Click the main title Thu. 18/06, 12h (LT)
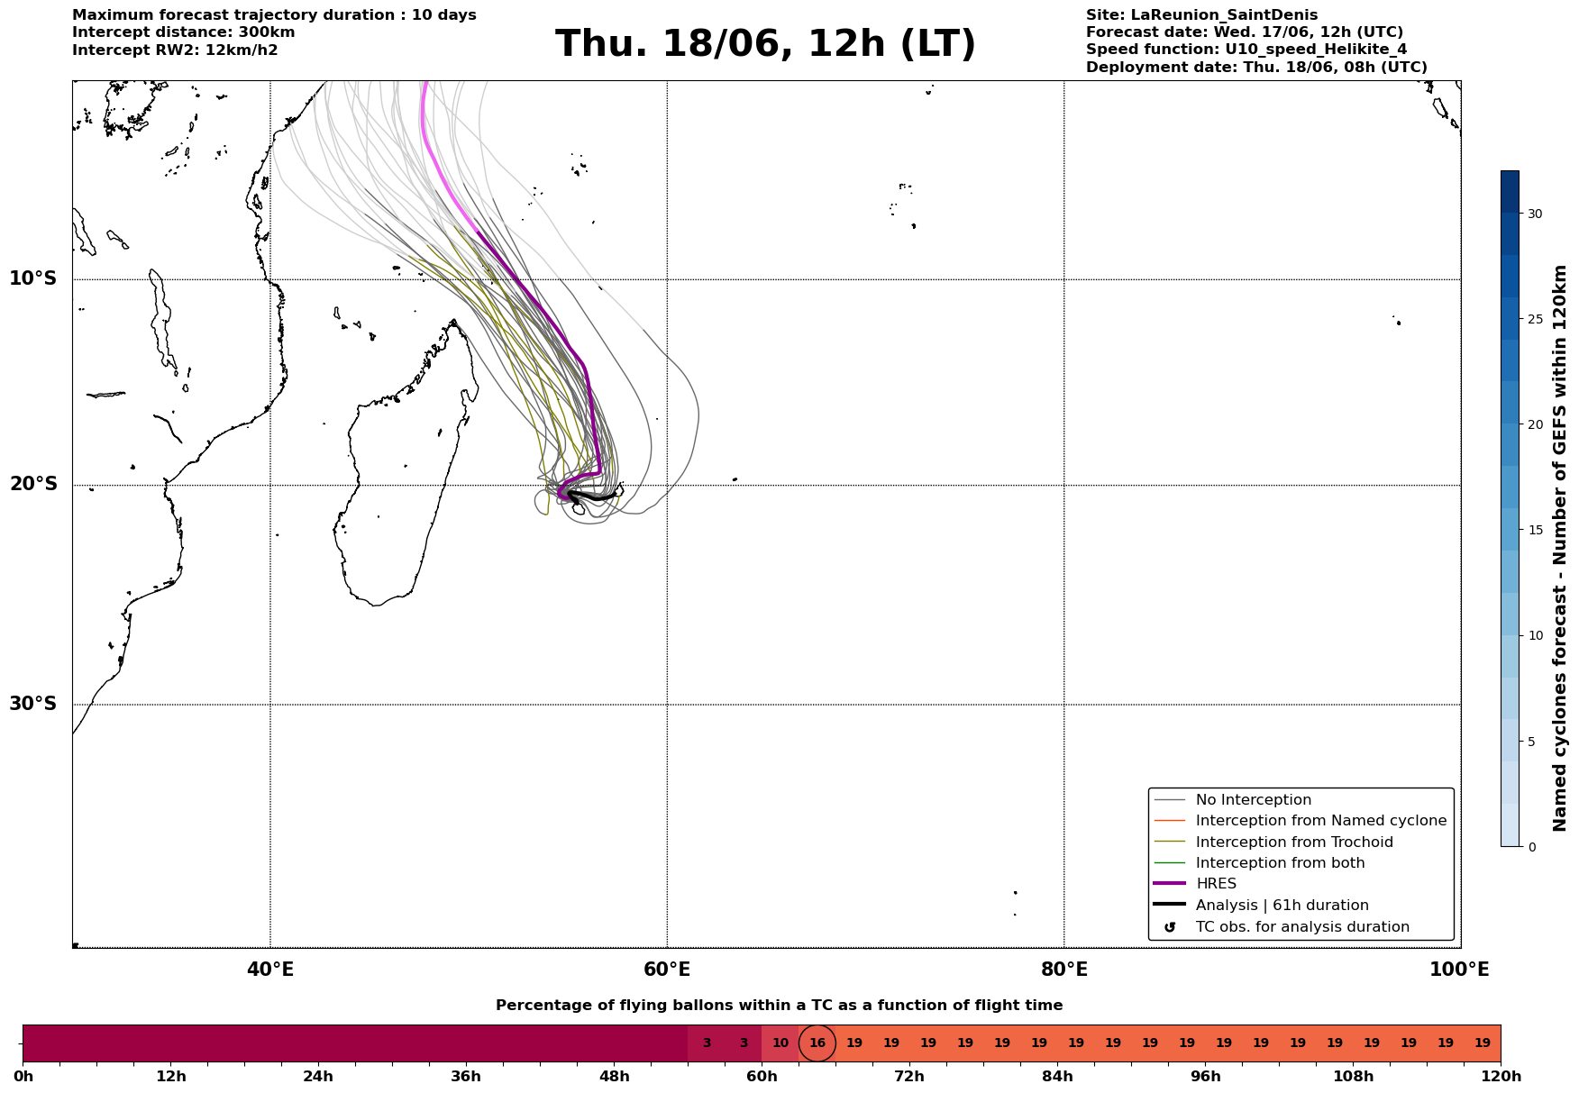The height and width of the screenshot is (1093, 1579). tap(765, 44)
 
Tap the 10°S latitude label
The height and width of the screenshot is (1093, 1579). tap(33, 278)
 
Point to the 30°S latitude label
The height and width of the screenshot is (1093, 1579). tap(33, 704)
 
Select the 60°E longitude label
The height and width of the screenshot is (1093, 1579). tap(667, 970)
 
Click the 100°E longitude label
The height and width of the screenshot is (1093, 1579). tap(1459, 970)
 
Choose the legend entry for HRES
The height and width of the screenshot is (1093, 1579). tap(1216, 884)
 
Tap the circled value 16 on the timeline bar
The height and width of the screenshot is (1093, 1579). tap(817, 1043)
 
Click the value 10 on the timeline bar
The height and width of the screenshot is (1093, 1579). tap(780, 1043)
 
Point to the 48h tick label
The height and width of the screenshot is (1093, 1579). tap(614, 1077)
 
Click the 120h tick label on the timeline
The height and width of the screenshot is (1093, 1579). tap(1501, 1077)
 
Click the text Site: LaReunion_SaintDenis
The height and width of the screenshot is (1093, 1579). tap(1201, 15)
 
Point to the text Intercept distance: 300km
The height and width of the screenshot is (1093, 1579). tap(184, 32)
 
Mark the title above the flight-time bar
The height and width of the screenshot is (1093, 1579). tap(779, 1006)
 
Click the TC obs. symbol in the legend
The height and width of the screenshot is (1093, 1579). tap(1170, 927)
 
